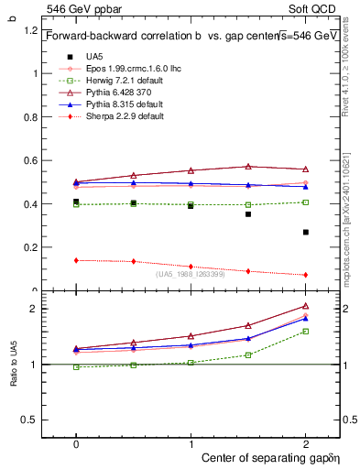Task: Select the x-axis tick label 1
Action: pyautogui.click(x=191, y=442)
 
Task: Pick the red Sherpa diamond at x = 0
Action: pyautogui.click(x=76, y=260)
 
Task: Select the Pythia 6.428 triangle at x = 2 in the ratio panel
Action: pyautogui.click(x=306, y=306)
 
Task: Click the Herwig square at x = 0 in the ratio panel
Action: pyautogui.click(x=76, y=367)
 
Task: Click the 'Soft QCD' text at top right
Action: pyautogui.click(x=314, y=7)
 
